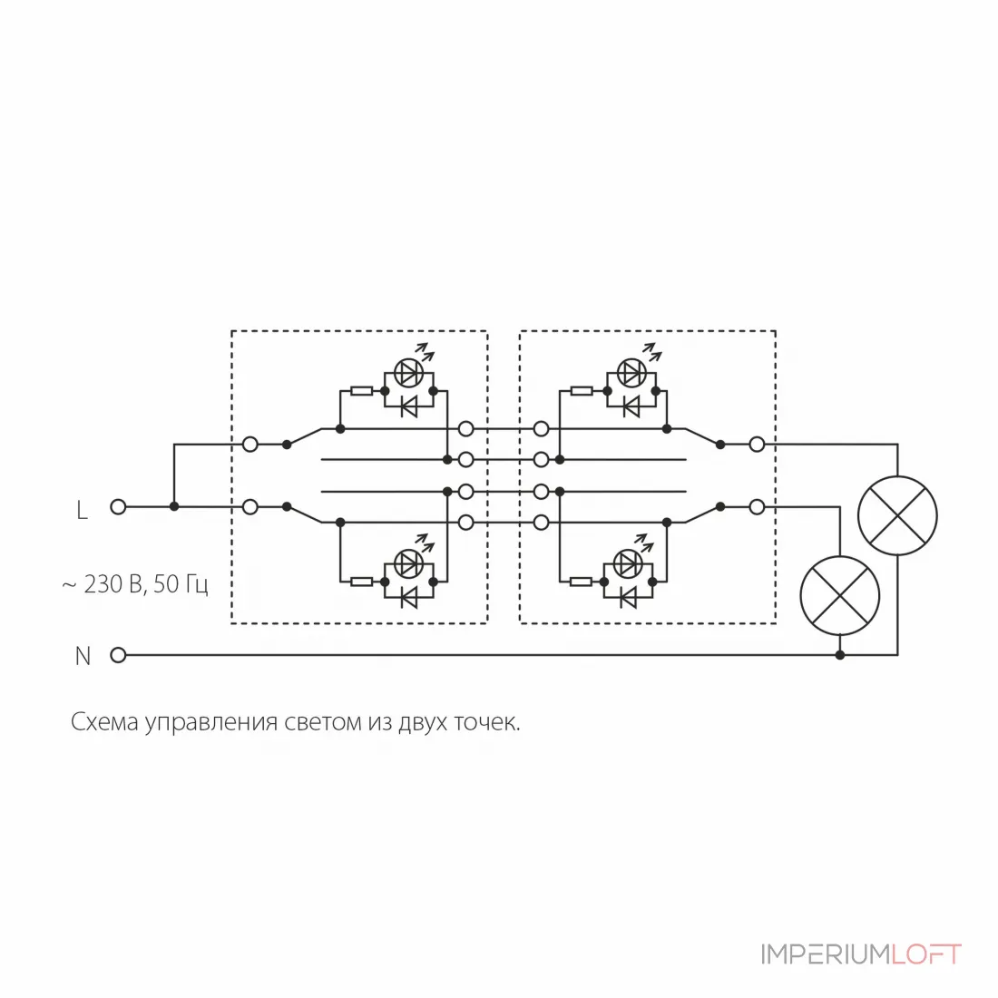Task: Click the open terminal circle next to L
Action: click(118, 506)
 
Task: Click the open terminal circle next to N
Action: click(118, 654)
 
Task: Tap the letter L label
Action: click(82, 510)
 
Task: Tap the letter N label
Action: click(83, 656)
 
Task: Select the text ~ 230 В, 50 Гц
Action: click(135, 583)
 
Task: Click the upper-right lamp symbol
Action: click(897, 515)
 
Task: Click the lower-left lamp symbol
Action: click(839, 595)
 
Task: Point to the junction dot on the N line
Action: click(839, 654)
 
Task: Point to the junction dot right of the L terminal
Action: click(174, 506)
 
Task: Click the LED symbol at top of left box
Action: click(408, 372)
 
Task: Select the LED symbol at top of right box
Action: click(631, 372)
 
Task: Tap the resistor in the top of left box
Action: click(361, 390)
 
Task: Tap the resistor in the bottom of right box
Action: click(581, 581)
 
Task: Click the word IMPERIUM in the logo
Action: click(825, 954)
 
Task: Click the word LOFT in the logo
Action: click(926, 954)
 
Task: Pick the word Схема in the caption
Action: click(104, 722)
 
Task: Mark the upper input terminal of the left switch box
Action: click(250, 445)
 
